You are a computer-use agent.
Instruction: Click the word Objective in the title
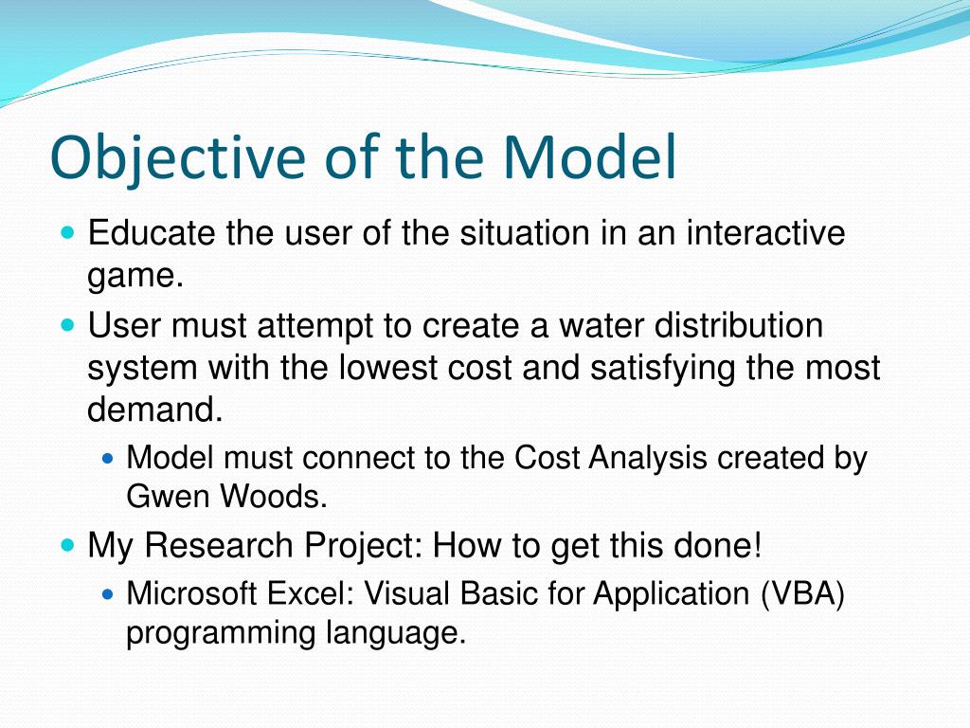point(177,158)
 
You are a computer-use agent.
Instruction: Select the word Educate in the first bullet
point(152,233)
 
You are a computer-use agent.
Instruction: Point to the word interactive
point(765,233)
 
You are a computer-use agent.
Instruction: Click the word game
point(135,276)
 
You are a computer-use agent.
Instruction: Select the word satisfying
point(662,369)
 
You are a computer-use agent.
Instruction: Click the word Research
point(219,545)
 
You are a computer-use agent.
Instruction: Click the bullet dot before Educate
point(68,233)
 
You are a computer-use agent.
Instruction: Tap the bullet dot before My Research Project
point(68,545)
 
